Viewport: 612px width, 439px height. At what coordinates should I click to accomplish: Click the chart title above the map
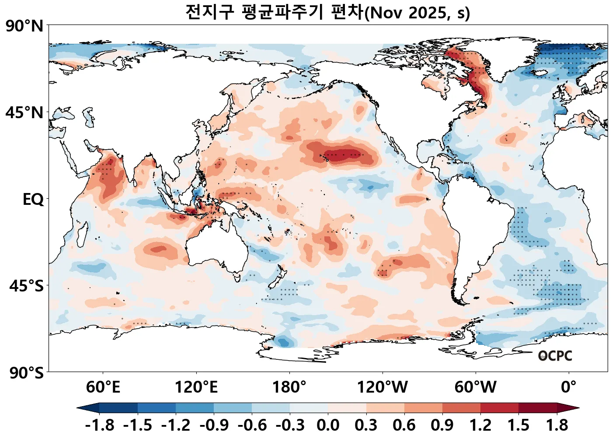pos(327,12)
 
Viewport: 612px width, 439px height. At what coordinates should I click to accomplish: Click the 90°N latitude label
pos(25,26)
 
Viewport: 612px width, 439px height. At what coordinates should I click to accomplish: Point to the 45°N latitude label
pos(25,113)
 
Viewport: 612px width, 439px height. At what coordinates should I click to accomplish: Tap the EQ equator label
pos(33,200)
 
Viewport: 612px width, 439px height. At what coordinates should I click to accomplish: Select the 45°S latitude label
pos(27,286)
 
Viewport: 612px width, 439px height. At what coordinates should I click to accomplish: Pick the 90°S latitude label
pos(27,373)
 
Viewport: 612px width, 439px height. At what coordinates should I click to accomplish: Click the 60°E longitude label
pos(103,387)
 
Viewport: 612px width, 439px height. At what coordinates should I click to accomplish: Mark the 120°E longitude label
pos(196,387)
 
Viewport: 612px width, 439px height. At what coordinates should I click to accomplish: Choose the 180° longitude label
pos(289,387)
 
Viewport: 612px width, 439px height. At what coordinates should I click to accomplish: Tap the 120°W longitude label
pos(382,387)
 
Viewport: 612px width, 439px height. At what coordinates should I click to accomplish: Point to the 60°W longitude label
pos(476,387)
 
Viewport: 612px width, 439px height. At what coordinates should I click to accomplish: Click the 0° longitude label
pos(568,387)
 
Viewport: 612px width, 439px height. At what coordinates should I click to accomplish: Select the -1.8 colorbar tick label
pos(100,425)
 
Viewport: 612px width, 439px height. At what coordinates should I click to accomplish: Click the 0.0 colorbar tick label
pos(328,425)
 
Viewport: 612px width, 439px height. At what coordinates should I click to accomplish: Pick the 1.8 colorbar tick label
pos(557,425)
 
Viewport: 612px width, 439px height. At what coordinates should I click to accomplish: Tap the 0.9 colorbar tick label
pos(442,425)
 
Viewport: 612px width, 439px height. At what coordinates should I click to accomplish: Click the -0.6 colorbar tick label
pos(252,425)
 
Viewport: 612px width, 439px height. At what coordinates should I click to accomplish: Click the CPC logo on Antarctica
pos(555,356)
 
